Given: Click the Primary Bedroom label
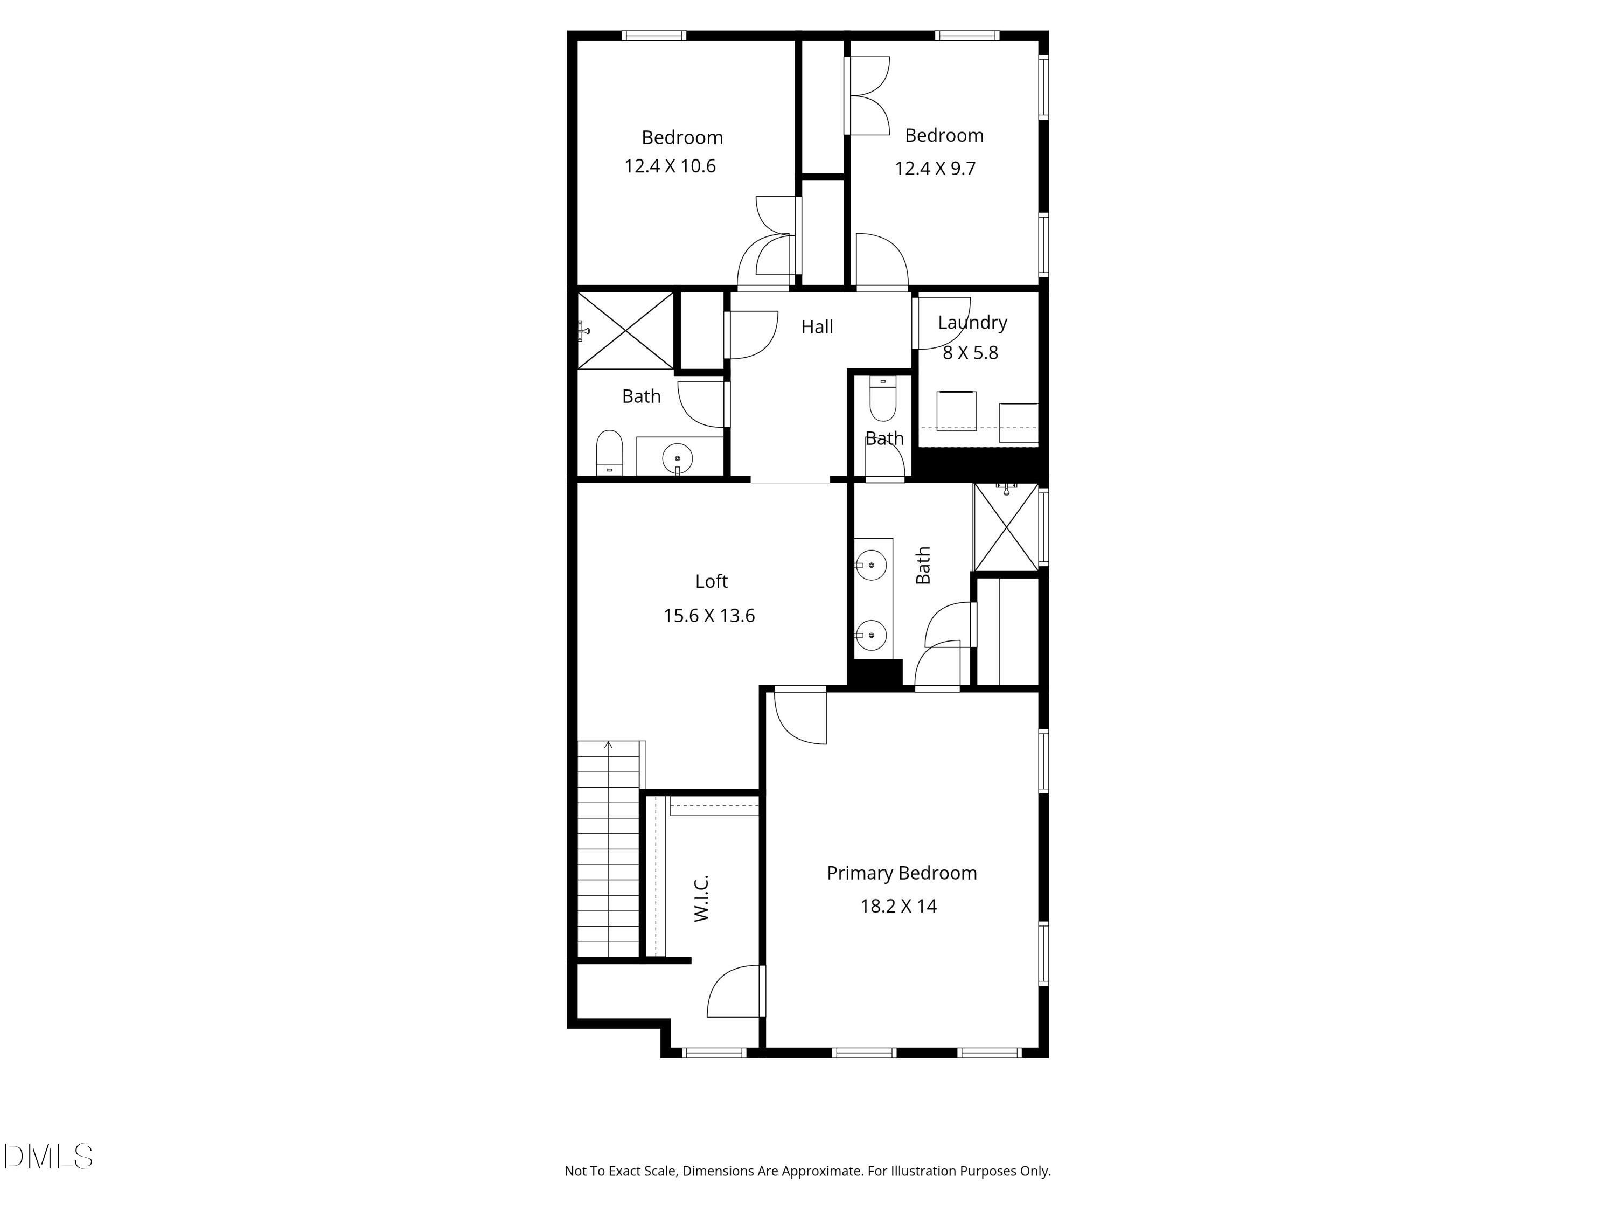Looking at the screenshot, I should [x=902, y=873].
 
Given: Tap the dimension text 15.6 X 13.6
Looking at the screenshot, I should [x=709, y=616].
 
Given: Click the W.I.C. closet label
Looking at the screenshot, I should [x=701, y=898].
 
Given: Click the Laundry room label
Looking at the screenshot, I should [x=972, y=322].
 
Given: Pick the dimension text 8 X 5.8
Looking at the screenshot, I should [x=970, y=353].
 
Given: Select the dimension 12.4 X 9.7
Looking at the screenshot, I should [x=935, y=169].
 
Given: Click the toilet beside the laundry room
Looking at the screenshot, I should [x=882, y=399].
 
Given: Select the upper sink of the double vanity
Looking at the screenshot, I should [x=872, y=565].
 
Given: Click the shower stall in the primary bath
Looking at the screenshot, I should [x=1006, y=527].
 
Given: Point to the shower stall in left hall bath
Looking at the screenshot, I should [x=626, y=330].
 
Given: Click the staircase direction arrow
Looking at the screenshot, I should [x=608, y=745].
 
